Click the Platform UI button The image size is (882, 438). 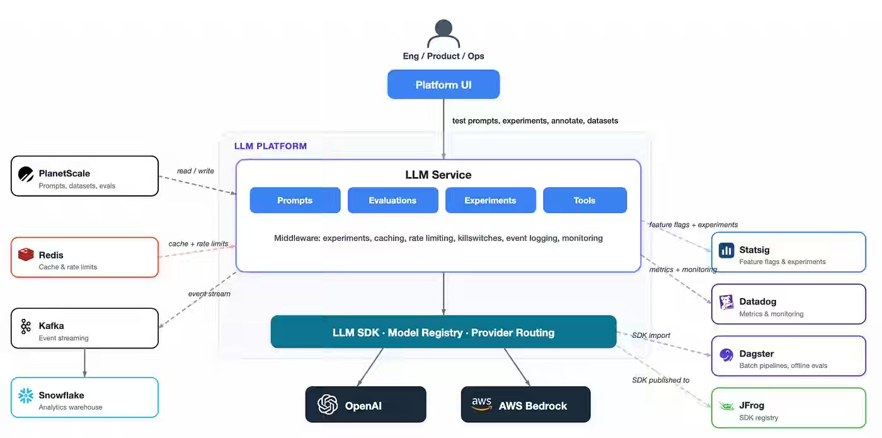[444, 84]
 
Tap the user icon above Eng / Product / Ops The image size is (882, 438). [444, 33]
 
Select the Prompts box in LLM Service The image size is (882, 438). [295, 200]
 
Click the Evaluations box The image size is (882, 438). [392, 200]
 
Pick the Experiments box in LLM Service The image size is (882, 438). [490, 200]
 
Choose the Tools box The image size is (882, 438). [585, 200]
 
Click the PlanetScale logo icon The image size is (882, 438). [26, 174]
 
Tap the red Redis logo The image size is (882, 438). [26, 255]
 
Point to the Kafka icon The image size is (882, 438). [26, 326]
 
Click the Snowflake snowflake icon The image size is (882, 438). [26, 396]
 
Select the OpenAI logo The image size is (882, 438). [328, 405]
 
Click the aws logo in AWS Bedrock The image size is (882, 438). [481, 404]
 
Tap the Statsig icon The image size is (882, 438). [726, 250]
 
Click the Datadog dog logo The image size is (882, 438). [726, 302]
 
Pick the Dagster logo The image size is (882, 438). [726, 354]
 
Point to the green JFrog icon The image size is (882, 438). [726, 406]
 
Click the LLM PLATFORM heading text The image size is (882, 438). [270, 146]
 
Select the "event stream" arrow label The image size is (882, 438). [209, 294]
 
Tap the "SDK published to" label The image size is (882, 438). [661, 380]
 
